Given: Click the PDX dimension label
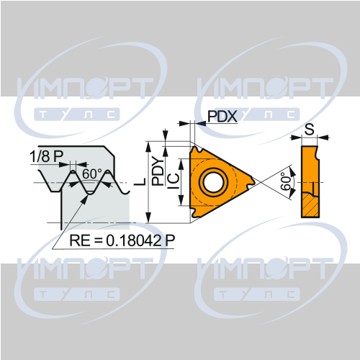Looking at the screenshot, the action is [222, 117].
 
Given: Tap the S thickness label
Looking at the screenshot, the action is [310, 129].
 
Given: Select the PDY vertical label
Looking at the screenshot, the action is [158, 171].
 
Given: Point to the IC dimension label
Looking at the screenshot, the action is [174, 181].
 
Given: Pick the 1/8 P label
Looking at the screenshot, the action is [46, 156].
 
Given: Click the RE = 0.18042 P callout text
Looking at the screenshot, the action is [122, 240].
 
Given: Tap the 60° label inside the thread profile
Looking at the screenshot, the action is [92, 174].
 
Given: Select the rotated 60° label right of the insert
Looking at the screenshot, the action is [286, 181].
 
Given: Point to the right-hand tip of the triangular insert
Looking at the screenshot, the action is [256, 181].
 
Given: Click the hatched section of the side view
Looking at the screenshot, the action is [310, 205].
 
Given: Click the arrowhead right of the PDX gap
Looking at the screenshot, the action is [200, 123].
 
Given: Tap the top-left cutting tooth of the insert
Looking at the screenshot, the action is [197, 150].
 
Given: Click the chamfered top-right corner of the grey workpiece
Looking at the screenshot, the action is [109, 151].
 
